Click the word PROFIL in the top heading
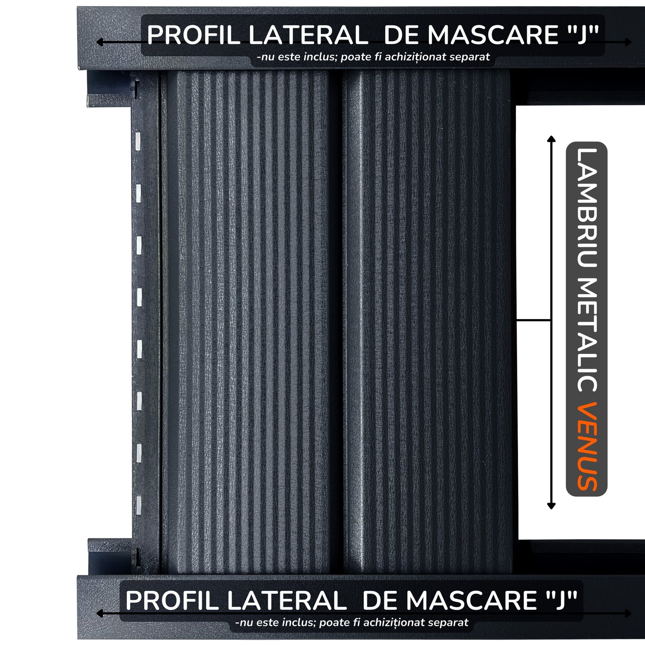[193, 35]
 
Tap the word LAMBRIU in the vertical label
[587, 208]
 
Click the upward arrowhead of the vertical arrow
[551, 138]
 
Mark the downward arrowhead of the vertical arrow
[551, 506]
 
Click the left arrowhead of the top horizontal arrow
[100, 42]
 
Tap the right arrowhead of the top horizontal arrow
[628, 42]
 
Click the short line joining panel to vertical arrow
[533, 320]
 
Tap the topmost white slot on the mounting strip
[137, 141]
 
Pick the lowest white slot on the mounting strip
[138, 505]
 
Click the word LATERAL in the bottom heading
[287, 601]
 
